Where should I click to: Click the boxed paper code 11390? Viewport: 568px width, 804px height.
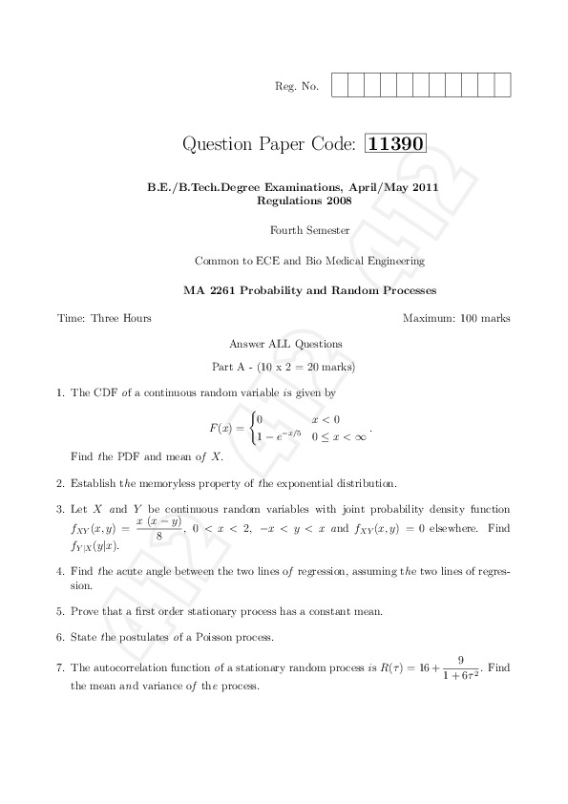point(396,144)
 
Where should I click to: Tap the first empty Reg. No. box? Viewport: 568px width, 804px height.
point(340,86)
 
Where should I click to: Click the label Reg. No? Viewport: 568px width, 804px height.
point(297,87)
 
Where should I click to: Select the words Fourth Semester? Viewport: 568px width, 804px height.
point(310,230)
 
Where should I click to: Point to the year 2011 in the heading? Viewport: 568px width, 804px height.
point(424,188)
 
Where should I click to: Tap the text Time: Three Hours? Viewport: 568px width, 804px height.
point(104,318)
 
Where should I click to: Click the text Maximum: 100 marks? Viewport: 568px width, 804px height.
point(456,318)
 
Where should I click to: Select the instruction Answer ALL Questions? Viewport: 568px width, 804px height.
point(285,343)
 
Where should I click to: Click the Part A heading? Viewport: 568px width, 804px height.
point(284,367)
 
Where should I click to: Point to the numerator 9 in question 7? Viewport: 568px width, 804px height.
point(460,659)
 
